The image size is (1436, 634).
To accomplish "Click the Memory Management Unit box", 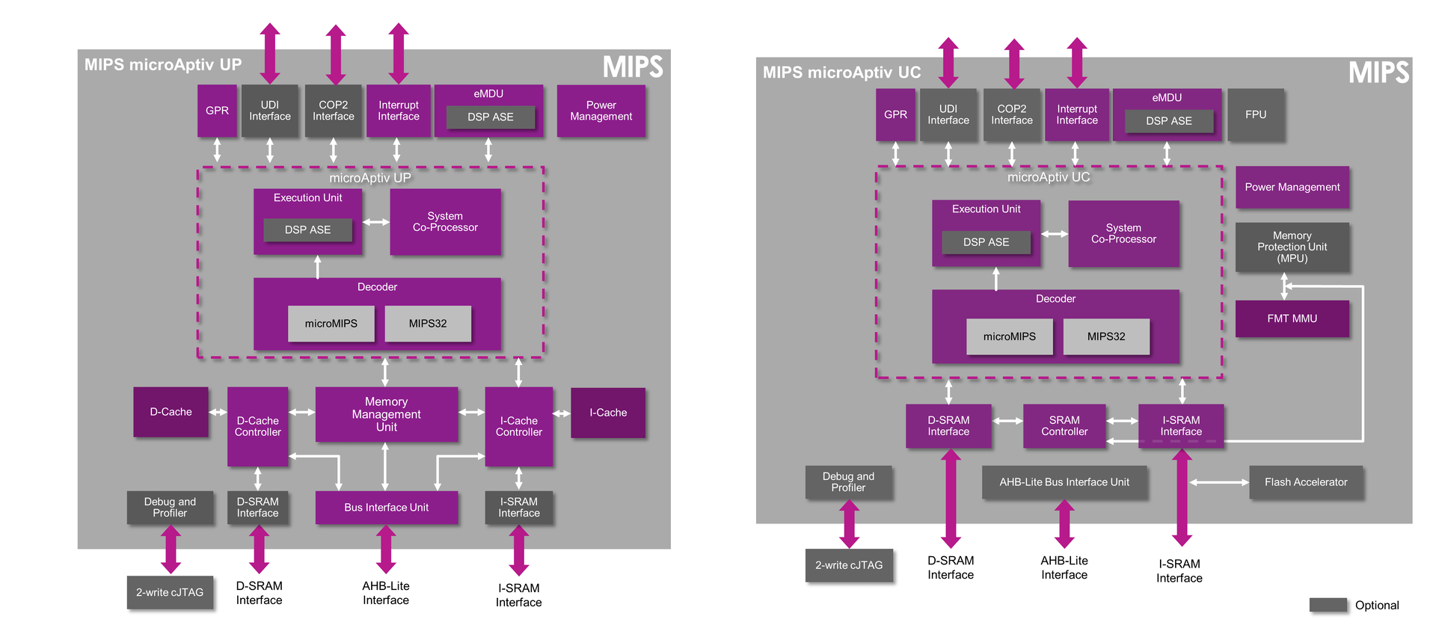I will [x=386, y=414].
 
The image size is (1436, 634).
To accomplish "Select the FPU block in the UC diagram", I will [x=1256, y=114].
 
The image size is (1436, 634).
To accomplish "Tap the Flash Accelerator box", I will [x=1305, y=482].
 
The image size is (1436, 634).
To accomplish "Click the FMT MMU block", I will [x=1292, y=318].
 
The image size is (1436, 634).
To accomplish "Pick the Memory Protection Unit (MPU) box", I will [x=1292, y=247].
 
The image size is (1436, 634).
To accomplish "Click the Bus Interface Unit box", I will [x=386, y=508].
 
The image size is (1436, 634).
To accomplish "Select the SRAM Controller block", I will [x=1064, y=426].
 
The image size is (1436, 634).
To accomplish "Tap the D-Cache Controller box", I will [x=257, y=426].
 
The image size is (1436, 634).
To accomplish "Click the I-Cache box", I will [x=607, y=413].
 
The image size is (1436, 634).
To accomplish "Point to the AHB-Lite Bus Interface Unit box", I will [x=1064, y=482].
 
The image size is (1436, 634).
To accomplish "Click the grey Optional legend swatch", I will [x=1328, y=605].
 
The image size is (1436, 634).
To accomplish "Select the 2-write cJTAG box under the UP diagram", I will [x=170, y=592].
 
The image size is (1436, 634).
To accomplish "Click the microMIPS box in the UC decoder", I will [x=1009, y=336].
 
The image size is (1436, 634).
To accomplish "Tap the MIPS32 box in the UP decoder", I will [x=428, y=324].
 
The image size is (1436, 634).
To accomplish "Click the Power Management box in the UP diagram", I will [x=601, y=111].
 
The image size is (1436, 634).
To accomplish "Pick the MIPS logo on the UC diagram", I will [x=1378, y=73].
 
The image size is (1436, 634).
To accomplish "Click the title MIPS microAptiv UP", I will [x=163, y=64].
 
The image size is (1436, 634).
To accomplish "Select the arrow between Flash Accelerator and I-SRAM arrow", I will [x=1220, y=482].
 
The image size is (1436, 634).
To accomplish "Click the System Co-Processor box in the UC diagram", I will [x=1123, y=233].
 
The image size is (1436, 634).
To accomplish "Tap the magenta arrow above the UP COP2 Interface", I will [x=336, y=54].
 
